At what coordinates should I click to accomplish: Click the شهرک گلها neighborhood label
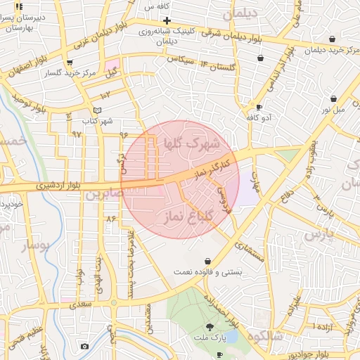[191, 143]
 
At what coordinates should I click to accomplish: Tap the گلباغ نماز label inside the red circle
[188, 215]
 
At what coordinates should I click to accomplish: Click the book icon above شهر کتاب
[97, 110]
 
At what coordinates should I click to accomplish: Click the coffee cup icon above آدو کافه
[259, 108]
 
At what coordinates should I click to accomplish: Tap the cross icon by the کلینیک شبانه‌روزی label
[167, 21]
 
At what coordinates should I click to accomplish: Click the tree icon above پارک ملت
[210, 327]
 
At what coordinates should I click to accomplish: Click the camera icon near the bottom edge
[85, 346]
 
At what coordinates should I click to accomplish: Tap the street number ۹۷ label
[77, 133]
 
